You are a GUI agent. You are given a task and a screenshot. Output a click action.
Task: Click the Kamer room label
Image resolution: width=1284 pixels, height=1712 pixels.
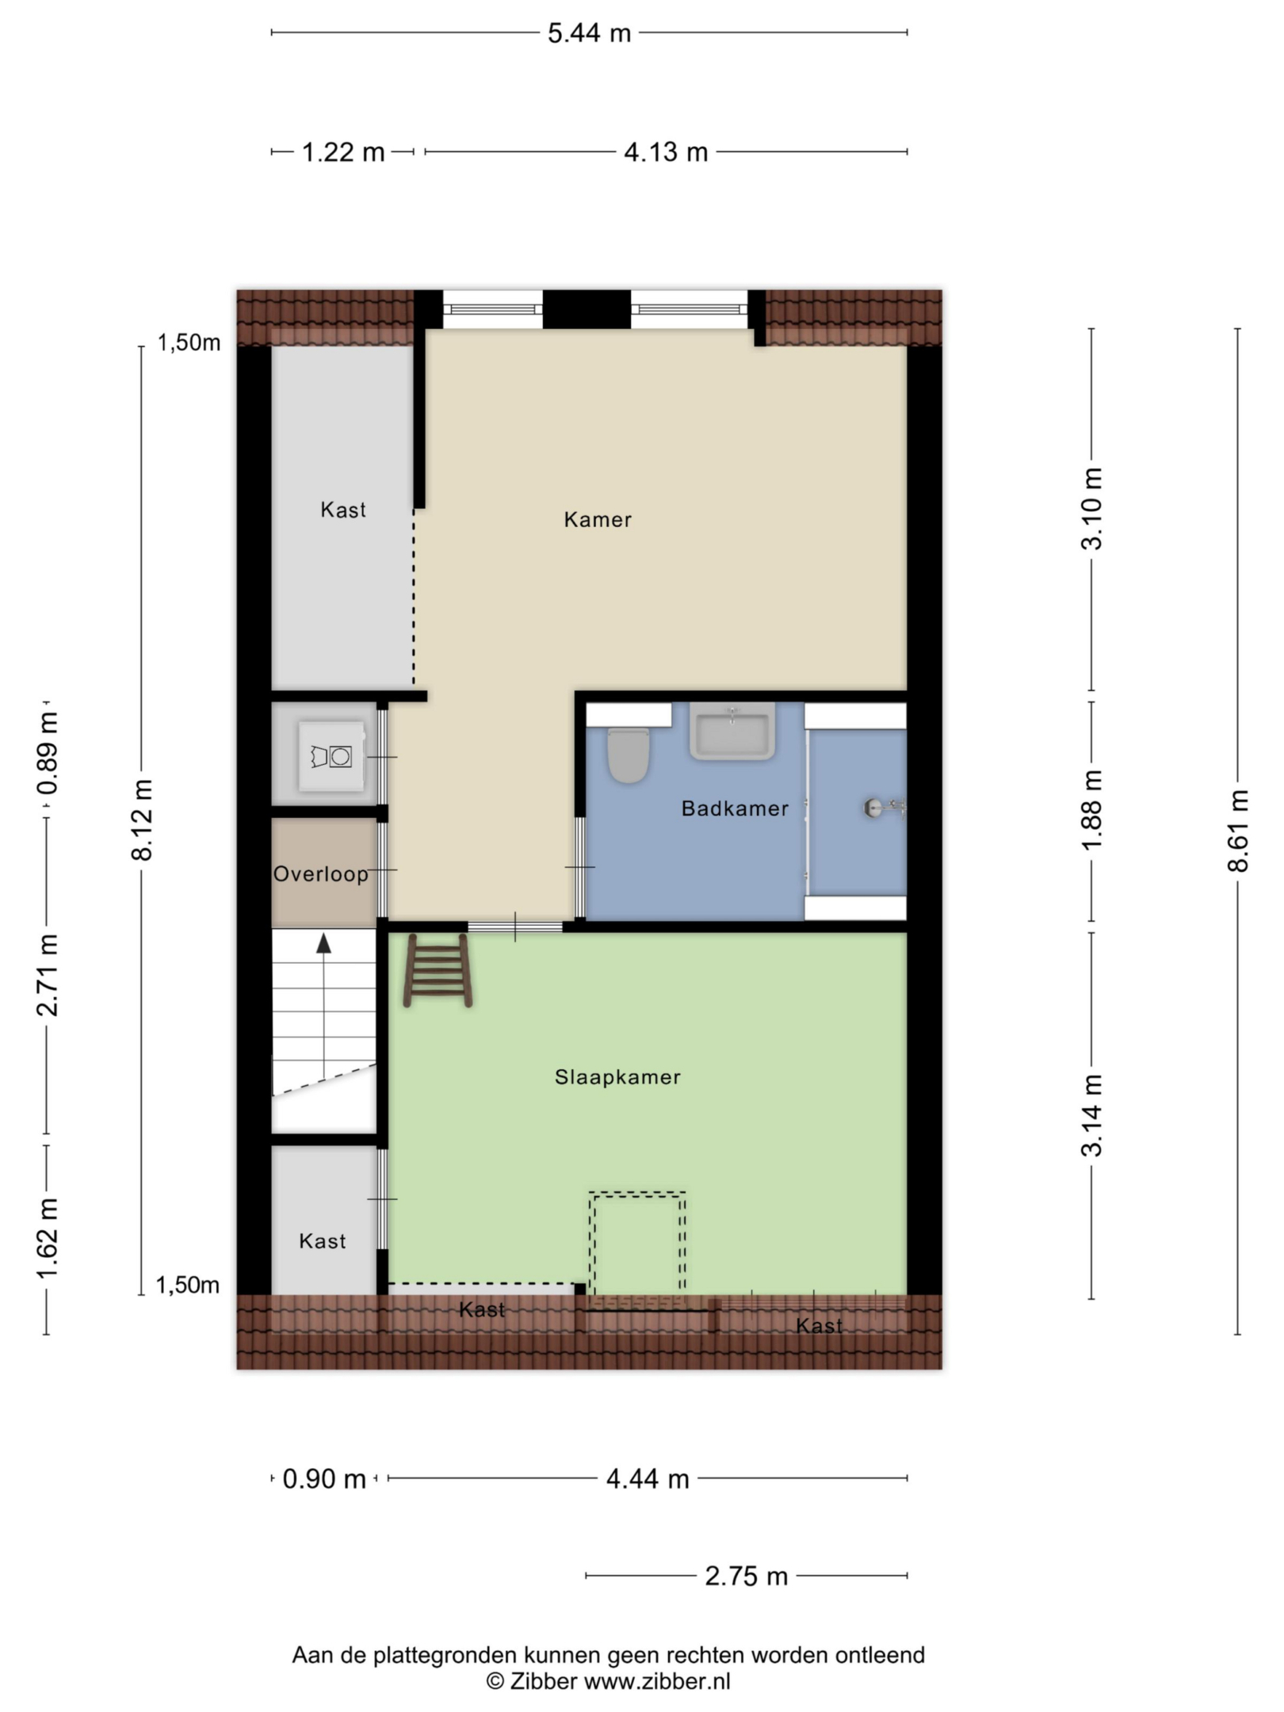pos(598,520)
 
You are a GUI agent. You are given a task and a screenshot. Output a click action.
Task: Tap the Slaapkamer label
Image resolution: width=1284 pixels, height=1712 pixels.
pos(617,1077)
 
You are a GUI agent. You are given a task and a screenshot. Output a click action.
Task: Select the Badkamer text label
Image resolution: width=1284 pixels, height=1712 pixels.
pos(735,808)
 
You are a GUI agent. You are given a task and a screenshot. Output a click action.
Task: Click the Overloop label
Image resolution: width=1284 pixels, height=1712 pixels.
pos(321,874)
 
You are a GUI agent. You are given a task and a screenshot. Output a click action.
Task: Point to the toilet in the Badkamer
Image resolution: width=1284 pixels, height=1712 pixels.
pos(629,755)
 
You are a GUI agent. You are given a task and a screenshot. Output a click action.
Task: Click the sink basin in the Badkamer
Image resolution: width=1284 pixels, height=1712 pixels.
pos(732,731)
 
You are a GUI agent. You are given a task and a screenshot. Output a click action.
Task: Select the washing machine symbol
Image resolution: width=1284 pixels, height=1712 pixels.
pos(332,756)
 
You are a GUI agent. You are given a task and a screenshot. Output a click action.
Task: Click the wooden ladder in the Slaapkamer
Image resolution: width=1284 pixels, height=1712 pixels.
pos(438,971)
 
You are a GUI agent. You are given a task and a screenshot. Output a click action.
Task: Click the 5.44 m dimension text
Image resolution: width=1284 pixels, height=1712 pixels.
pos(589,33)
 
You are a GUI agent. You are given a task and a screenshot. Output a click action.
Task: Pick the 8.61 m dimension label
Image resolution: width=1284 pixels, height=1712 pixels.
pos(1237,831)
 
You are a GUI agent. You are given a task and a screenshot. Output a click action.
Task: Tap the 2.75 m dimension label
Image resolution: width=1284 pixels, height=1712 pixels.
pos(746,1576)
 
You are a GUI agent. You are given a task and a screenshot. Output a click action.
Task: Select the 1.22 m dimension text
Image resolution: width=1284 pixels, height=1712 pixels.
pos(343,151)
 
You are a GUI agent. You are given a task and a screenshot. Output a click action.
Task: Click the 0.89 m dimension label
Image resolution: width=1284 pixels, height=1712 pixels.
pos(48,753)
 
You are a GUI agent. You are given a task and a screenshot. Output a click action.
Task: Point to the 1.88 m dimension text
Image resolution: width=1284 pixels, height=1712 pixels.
pos(1092,810)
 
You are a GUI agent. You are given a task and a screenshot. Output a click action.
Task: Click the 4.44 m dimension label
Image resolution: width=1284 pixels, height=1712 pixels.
pos(648,1479)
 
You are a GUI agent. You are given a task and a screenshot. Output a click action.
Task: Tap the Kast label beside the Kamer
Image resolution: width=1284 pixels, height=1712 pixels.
pos(343,510)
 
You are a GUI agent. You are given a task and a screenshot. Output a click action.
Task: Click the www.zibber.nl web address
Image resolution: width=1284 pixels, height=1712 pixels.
pos(657,1681)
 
